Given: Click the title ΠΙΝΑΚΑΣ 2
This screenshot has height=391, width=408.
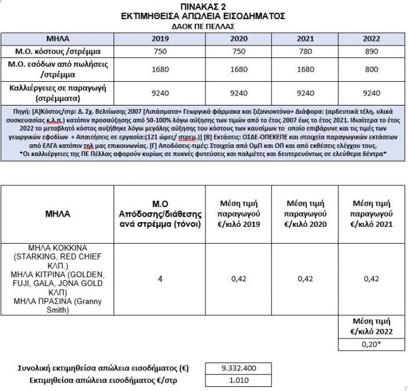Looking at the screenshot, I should tap(203, 5).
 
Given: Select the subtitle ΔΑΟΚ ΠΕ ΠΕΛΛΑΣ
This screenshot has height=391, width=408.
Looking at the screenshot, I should tap(203, 24).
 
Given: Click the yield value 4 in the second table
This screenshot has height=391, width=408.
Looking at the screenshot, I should tap(160, 278).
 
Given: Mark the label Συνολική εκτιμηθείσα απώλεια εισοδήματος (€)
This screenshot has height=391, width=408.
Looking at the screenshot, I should tap(102, 368).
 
